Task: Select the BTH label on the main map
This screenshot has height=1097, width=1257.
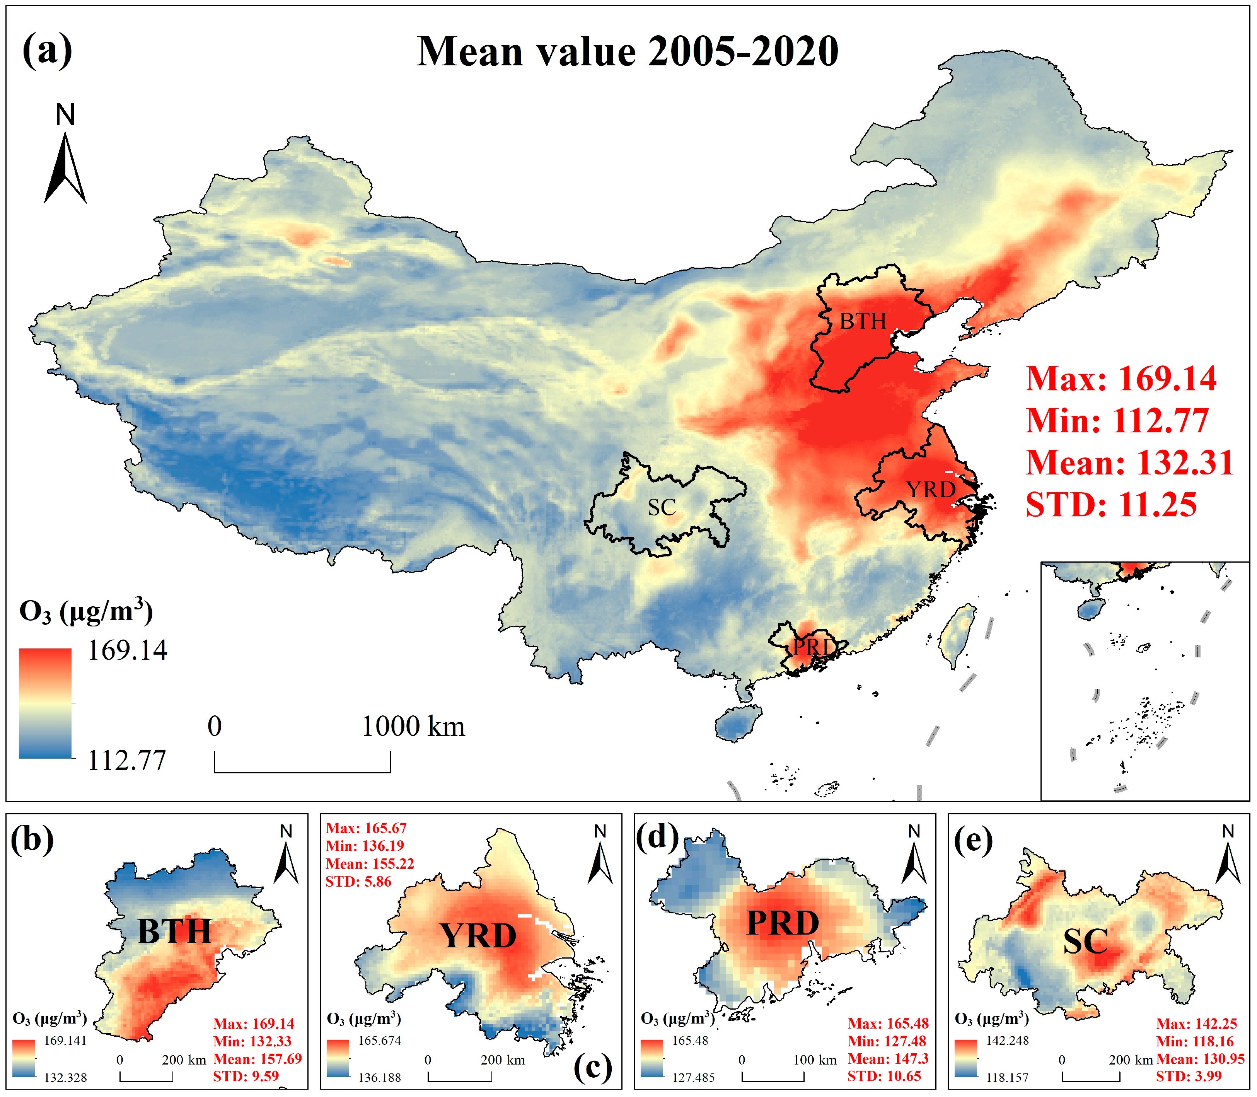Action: tap(862, 321)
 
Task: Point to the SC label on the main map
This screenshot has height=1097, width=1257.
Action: tap(662, 507)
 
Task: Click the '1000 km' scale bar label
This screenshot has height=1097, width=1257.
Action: tap(413, 727)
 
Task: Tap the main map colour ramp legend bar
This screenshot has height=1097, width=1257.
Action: tap(45, 703)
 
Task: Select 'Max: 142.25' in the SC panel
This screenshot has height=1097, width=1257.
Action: tap(1196, 1024)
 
